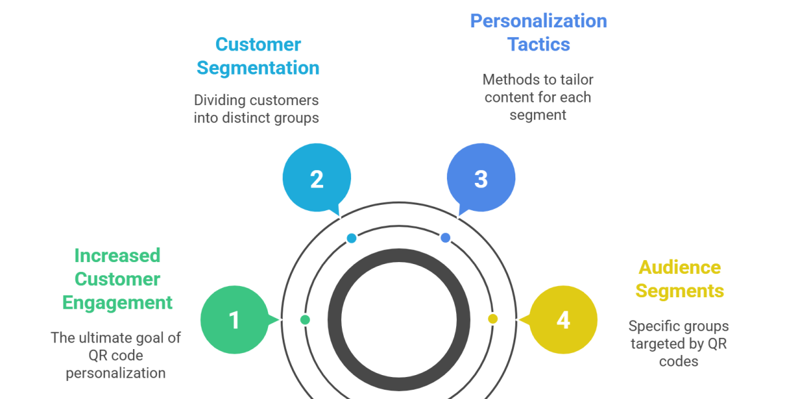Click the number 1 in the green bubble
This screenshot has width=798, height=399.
coord(234,321)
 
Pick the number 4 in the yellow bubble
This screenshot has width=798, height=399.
coord(563,321)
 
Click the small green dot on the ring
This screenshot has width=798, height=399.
coord(305,320)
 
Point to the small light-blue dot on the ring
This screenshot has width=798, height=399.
coord(351,237)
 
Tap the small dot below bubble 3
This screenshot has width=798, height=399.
coord(446,237)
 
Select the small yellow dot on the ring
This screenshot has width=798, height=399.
coord(493,319)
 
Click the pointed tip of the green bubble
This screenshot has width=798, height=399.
coord(279,320)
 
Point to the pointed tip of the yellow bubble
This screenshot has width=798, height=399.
coord(518,321)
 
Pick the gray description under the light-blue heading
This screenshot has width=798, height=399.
coord(256,110)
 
